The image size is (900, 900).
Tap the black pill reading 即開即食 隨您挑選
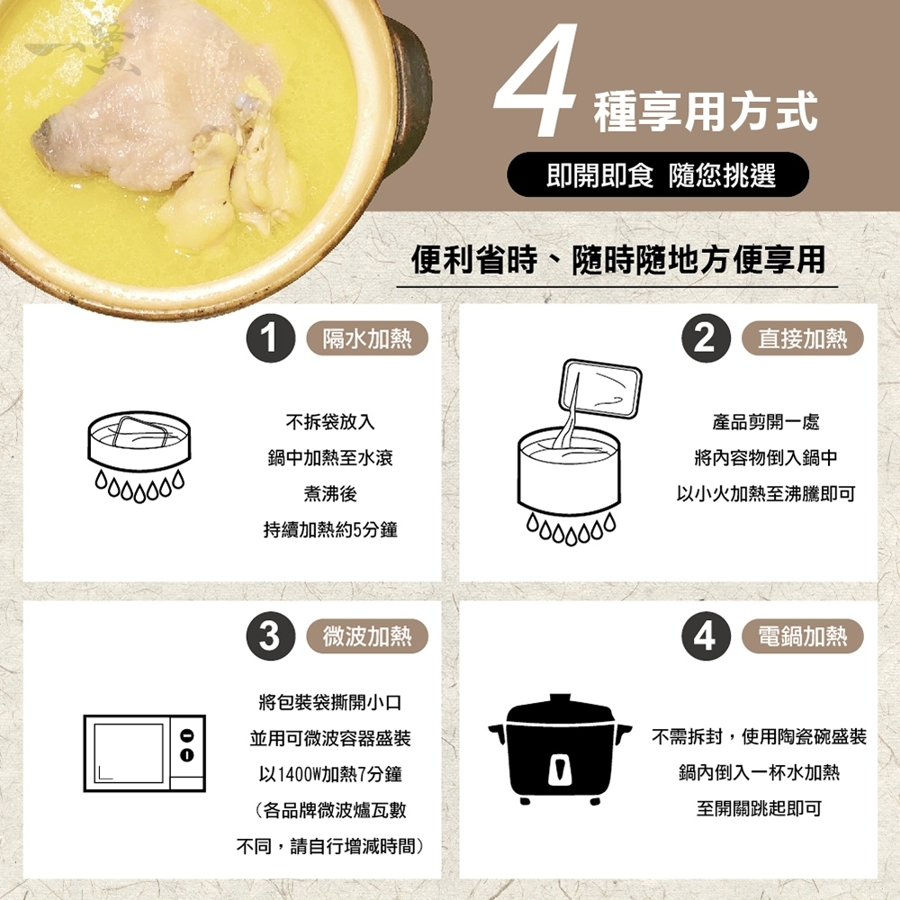(x=657, y=175)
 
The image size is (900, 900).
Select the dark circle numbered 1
(x=270, y=337)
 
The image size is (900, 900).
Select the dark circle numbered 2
(x=706, y=337)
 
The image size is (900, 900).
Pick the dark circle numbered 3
(x=270, y=636)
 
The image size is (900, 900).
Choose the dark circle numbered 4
(x=706, y=636)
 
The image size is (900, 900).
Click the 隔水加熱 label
(x=367, y=338)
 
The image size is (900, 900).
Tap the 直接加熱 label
(x=803, y=338)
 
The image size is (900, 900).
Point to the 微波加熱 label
(x=367, y=636)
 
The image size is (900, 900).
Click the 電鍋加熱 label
(x=803, y=636)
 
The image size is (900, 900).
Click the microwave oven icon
(x=145, y=753)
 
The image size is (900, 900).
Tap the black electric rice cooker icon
(x=560, y=749)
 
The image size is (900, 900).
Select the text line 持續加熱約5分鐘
(x=330, y=529)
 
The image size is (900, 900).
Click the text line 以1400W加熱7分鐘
(x=330, y=774)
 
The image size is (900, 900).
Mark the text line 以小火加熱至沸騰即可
(x=766, y=493)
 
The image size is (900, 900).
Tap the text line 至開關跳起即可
(x=759, y=808)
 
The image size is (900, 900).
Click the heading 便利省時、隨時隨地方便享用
(x=618, y=259)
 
